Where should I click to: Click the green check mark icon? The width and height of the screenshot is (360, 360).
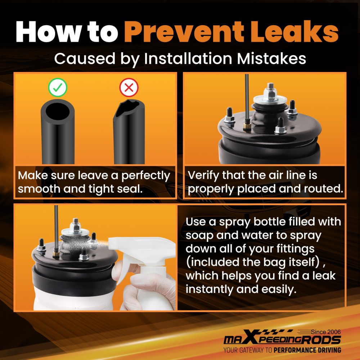point(57,87)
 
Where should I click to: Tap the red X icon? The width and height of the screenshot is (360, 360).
point(129,87)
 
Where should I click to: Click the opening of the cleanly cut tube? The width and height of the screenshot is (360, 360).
point(57,111)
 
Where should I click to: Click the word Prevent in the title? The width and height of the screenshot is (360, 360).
point(184,32)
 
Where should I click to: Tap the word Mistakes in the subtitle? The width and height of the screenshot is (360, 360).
point(271,59)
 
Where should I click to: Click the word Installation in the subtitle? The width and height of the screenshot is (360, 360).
point(188,59)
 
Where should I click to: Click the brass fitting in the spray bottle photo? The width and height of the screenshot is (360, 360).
point(56,254)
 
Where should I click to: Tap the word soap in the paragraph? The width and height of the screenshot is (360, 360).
point(199,236)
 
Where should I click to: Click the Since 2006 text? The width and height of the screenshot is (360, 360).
point(326,332)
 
